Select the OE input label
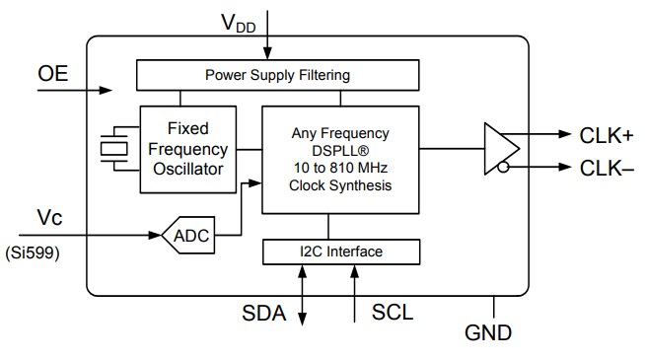53,74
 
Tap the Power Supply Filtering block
276,75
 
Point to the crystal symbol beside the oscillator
116,149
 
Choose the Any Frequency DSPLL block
340,158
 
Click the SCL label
392,315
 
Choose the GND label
488,332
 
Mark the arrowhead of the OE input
109,91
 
